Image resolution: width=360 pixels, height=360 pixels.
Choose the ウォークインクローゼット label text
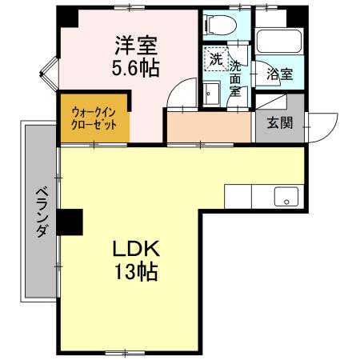pos(94,119)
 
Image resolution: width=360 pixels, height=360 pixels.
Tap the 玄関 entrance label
pos(280,122)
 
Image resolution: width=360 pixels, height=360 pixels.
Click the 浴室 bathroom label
pos(280,74)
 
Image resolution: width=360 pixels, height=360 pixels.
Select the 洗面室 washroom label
pos(236,74)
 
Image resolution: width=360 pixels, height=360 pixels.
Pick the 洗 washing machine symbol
pos(215,58)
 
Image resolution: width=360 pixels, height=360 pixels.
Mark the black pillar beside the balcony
pos(70,221)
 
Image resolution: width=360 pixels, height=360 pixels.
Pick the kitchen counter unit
pos(264,196)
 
